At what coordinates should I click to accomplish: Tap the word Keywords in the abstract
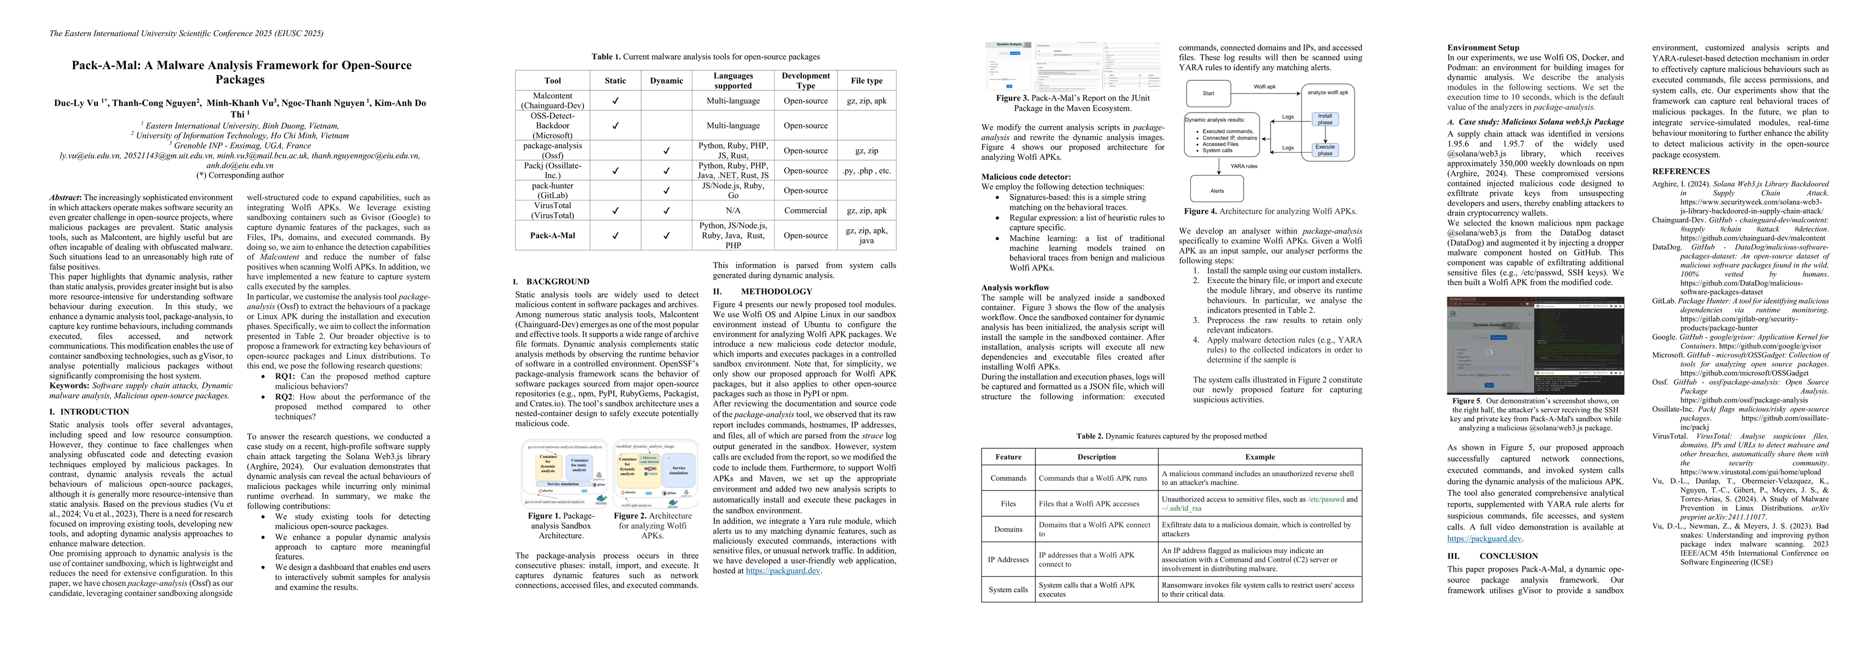[69, 386]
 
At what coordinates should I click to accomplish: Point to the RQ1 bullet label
[284, 376]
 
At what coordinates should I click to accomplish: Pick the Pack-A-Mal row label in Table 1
[552, 235]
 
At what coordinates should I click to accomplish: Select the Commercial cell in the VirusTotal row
[806, 210]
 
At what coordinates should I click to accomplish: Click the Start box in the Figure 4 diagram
[1208, 93]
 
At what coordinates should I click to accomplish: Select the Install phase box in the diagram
[1324, 119]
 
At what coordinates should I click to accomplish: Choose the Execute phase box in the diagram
[1324, 150]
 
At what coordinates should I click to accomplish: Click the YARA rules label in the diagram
[1244, 166]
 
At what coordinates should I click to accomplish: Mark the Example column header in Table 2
[1260, 456]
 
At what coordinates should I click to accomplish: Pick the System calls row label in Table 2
[1008, 590]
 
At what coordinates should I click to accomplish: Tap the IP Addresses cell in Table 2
[1008, 559]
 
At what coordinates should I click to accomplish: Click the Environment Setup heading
[1483, 48]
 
